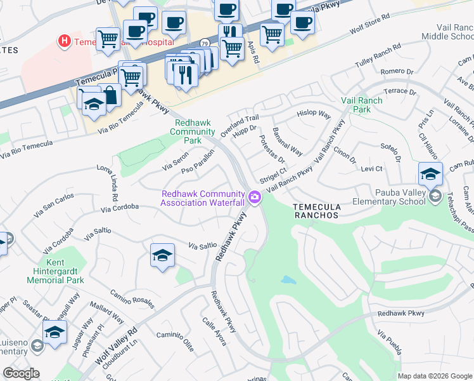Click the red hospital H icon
tap(64, 42)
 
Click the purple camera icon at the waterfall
tap(255, 197)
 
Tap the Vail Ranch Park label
tap(361, 105)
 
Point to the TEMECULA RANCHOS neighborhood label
tap(317, 211)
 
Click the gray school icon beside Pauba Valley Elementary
tap(435, 197)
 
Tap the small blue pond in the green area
tap(288, 280)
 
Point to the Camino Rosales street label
tap(132, 297)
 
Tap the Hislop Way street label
tap(314, 115)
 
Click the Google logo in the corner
tap(21, 373)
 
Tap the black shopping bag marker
tap(110, 96)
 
